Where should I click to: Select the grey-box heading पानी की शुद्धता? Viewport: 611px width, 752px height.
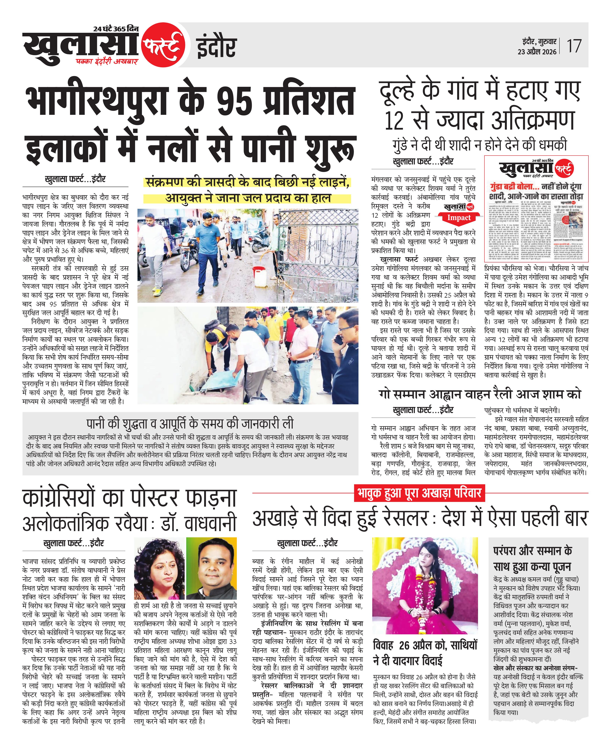click(190, 423)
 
